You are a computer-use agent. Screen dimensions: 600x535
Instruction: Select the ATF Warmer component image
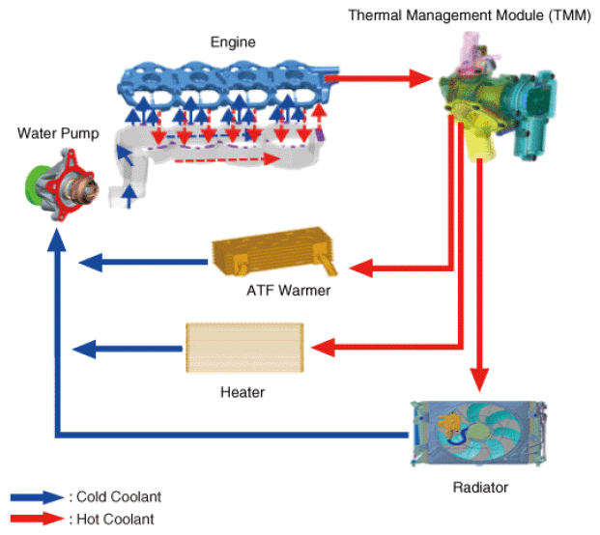pos(274,251)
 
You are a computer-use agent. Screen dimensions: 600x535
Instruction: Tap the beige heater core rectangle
pos(244,348)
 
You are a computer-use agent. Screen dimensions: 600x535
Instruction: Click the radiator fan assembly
pos(478,434)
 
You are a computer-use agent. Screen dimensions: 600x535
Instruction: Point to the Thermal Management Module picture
pos(498,99)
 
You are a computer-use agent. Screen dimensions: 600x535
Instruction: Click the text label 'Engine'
pos(233,42)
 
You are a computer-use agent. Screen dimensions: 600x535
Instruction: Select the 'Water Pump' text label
pos(58,133)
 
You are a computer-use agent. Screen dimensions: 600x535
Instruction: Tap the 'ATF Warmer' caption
pos(288,291)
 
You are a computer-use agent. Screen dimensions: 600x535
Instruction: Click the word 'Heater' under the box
pos(243,392)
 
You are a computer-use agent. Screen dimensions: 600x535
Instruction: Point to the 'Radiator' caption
pos(480,488)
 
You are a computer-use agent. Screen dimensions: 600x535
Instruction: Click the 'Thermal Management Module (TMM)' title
pos(470,15)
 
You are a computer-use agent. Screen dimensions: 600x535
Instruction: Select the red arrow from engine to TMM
pos(379,78)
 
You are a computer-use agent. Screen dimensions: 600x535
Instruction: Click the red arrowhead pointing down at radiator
pos(479,380)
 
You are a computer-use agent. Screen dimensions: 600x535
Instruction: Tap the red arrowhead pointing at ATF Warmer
pos(360,268)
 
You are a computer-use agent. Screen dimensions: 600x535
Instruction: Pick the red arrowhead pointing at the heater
pos(323,348)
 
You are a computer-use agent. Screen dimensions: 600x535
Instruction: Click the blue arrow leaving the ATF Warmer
pos(143,263)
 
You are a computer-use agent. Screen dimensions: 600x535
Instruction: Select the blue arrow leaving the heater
pos(128,349)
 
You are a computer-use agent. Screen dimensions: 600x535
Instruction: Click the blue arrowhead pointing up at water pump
pos(57,239)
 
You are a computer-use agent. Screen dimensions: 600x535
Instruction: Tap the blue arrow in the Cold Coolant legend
pos(37,497)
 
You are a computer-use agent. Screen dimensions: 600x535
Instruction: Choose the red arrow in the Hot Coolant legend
pos(37,519)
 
